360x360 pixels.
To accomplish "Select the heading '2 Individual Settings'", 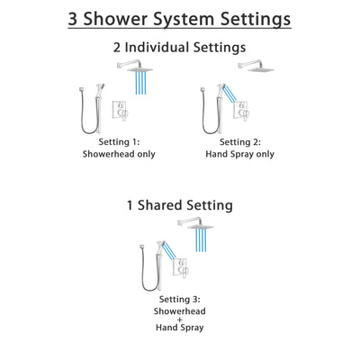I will click(179, 46).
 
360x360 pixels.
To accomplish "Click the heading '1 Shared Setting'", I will click(179, 205).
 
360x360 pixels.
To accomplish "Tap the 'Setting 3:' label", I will click(179, 299).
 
